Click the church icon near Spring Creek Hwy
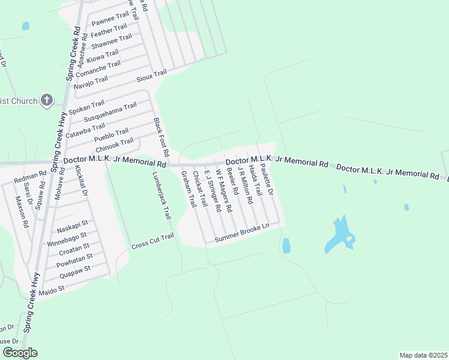pos(47,101)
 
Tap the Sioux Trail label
pos(152,76)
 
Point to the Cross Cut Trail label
pos(152,242)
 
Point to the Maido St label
pos(51,289)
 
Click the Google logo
pos(20,353)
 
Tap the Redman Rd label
pos(30,178)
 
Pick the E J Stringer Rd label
pos(214,191)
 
